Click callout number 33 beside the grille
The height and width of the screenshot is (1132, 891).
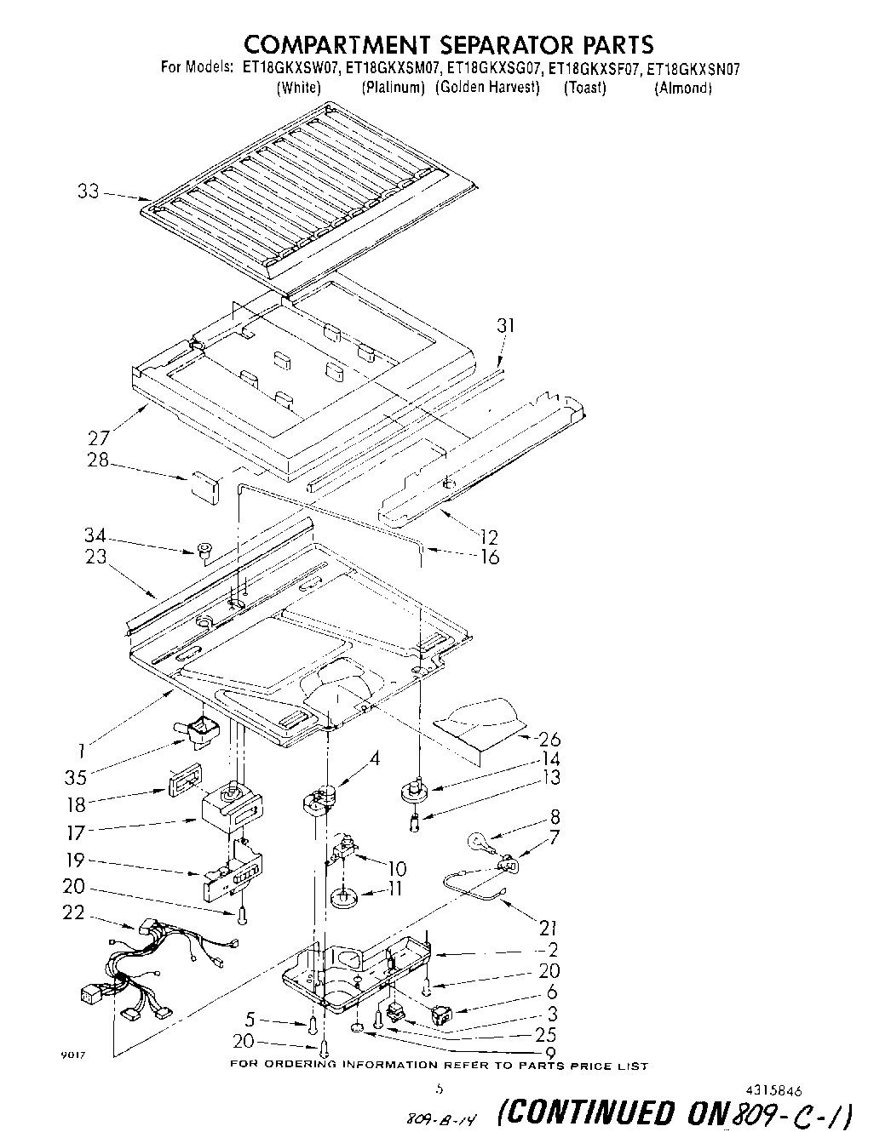pos(89,192)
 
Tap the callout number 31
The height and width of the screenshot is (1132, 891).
pos(506,326)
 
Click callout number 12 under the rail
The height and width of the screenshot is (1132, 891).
pos(489,537)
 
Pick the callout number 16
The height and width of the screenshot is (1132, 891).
pos(489,557)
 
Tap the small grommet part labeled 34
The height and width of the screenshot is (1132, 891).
pos(204,552)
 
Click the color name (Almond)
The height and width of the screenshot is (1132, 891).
pos(682,89)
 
